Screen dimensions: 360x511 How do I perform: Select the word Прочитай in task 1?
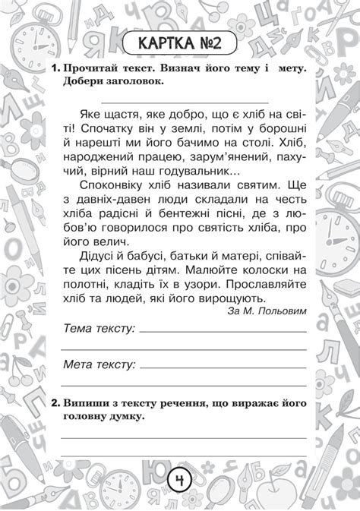tap(93, 69)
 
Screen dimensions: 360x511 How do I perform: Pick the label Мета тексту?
tap(99, 364)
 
